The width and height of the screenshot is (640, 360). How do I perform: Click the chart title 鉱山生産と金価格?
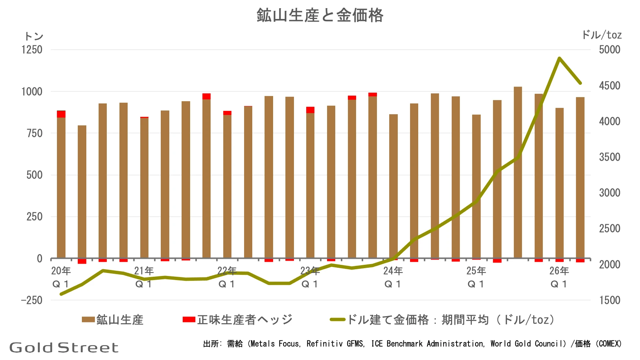(320, 16)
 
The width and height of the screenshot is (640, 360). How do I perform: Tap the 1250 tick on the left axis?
(32, 49)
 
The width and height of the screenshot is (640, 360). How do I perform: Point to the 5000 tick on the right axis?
(609, 49)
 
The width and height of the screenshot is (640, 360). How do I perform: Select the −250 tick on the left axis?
(32, 300)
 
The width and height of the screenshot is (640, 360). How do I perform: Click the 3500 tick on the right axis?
(609, 157)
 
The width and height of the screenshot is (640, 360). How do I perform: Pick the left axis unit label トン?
(33, 36)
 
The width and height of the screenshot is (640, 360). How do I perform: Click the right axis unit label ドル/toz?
(602, 35)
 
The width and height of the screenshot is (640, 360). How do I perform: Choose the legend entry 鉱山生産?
(113, 319)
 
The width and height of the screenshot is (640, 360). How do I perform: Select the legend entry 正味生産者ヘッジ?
(237, 319)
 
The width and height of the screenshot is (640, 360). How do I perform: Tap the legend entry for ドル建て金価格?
(442, 319)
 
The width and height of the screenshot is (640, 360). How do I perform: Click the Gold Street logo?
(64, 347)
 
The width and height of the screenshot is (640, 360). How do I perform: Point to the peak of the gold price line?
(559, 58)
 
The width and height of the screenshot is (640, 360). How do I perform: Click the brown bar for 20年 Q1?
(61, 188)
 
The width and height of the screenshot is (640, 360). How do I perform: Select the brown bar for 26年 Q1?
(559, 183)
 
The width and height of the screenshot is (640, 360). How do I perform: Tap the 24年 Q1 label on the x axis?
(393, 277)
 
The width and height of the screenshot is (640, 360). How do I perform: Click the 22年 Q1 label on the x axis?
(227, 277)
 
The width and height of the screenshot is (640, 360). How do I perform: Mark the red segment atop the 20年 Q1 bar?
(61, 114)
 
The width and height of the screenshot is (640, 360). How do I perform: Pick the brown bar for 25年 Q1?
(476, 186)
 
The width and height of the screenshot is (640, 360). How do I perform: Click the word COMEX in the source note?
(609, 344)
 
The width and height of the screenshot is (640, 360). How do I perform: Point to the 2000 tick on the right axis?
(609, 264)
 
